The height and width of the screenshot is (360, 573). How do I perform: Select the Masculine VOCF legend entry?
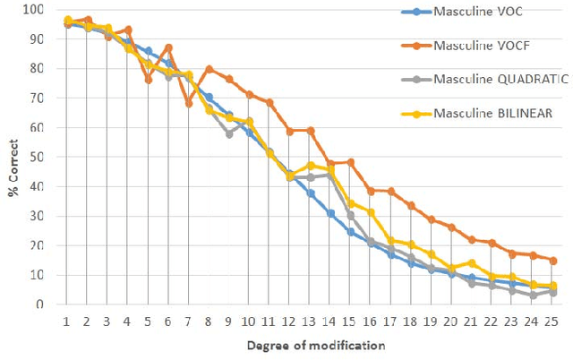480,46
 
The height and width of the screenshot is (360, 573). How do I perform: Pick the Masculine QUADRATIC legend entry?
500,79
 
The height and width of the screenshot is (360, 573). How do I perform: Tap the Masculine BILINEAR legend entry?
490,112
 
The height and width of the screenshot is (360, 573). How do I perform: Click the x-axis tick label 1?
67,319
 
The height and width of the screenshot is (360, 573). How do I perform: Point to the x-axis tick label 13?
311,319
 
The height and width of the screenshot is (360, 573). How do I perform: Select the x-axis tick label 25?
553,319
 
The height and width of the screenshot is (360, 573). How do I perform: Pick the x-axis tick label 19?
432,319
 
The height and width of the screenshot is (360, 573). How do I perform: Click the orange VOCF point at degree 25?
553,261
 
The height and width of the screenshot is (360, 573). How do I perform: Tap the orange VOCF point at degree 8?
209,69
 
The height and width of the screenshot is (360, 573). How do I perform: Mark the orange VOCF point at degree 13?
311,131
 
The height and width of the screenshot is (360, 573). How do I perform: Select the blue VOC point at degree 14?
330,213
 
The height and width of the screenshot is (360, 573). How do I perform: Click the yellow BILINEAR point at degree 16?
371,212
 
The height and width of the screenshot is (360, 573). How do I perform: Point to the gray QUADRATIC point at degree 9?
229,133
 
